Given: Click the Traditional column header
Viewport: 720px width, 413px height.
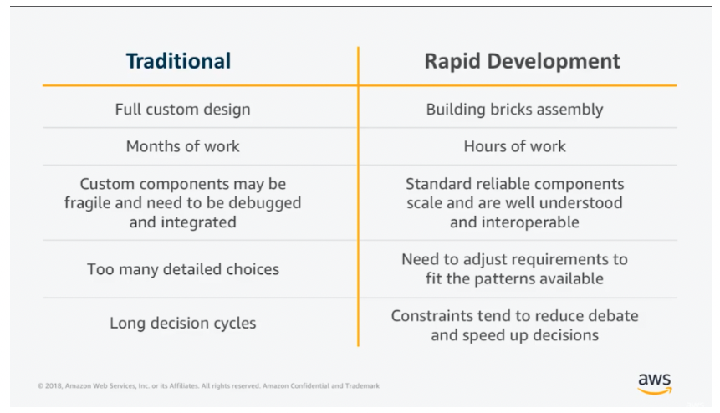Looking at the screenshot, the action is coord(179,61).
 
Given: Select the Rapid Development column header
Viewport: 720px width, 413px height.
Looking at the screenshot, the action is coord(522,62).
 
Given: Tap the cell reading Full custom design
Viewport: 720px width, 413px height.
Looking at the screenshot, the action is coord(183,110).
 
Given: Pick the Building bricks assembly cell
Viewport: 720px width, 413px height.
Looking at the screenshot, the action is coord(515,110).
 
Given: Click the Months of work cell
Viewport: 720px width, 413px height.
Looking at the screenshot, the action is coord(183,146).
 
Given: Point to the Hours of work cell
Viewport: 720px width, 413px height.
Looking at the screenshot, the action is coord(515,146).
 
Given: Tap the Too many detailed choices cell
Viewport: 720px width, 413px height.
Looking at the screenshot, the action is coord(183,269).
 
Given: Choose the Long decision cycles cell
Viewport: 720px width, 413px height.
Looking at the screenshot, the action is coord(183,324).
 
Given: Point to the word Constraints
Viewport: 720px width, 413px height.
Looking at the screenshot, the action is coord(432,316).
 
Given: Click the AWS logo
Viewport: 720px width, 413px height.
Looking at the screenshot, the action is coord(655,384).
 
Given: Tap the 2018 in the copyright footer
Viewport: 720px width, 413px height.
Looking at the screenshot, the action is coord(54,386).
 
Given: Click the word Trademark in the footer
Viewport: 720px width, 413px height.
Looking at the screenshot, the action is coord(362,386).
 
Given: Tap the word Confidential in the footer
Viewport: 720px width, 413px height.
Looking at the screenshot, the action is coord(310,386).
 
